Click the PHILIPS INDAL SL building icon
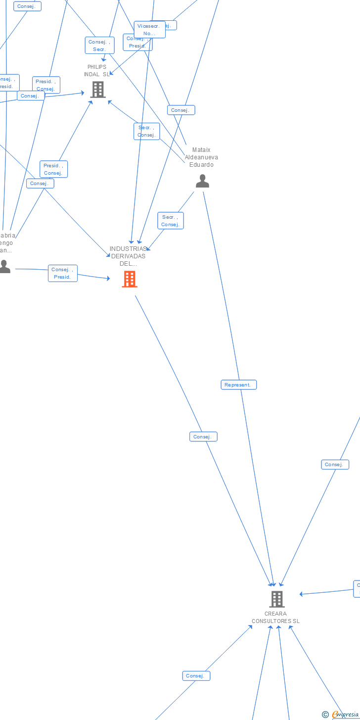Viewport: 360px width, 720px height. (x=98, y=90)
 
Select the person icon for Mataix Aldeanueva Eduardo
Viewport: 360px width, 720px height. (x=202, y=181)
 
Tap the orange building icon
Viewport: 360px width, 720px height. (x=130, y=279)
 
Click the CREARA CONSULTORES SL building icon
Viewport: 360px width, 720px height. (x=276, y=599)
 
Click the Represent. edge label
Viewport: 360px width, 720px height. (x=238, y=385)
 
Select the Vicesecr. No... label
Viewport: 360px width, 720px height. (x=149, y=30)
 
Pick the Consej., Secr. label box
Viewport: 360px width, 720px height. (x=99, y=46)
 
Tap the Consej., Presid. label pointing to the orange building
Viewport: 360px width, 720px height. (x=63, y=273)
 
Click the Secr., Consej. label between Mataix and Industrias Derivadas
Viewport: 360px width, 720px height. (x=171, y=221)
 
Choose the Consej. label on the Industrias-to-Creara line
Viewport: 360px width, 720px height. (x=203, y=437)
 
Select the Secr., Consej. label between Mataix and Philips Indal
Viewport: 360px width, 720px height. (x=147, y=131)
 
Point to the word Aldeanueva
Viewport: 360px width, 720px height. (x=201, y=157)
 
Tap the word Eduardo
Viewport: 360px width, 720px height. (x=201, y=165)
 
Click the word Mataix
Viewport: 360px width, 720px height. (x=201, y=150)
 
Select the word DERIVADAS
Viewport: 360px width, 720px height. (x=129, y=256)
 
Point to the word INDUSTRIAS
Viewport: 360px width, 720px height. (x=129, y=249)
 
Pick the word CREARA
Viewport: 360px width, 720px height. (x=275, y=614)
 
